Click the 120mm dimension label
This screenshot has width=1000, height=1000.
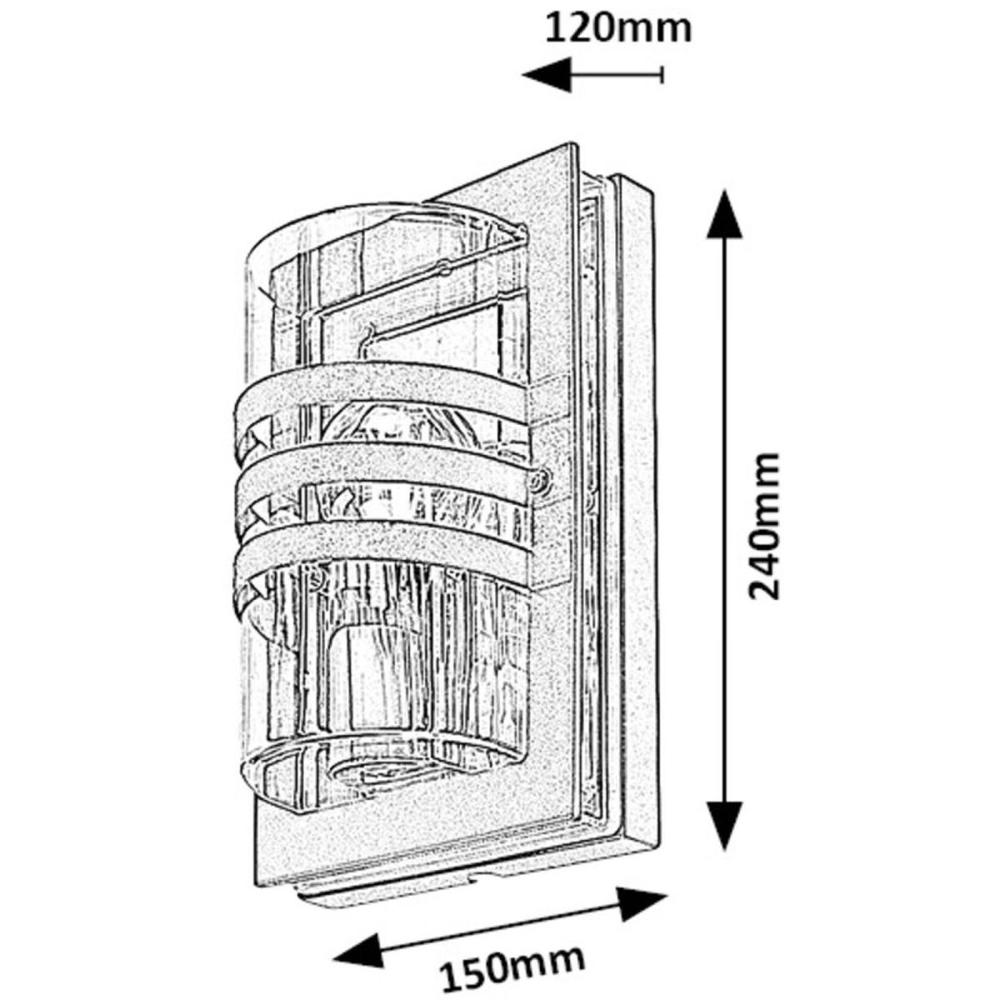coord(618,28)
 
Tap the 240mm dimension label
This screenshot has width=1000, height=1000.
coord(764,526)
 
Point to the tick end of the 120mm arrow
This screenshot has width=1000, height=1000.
coord(662,74)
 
